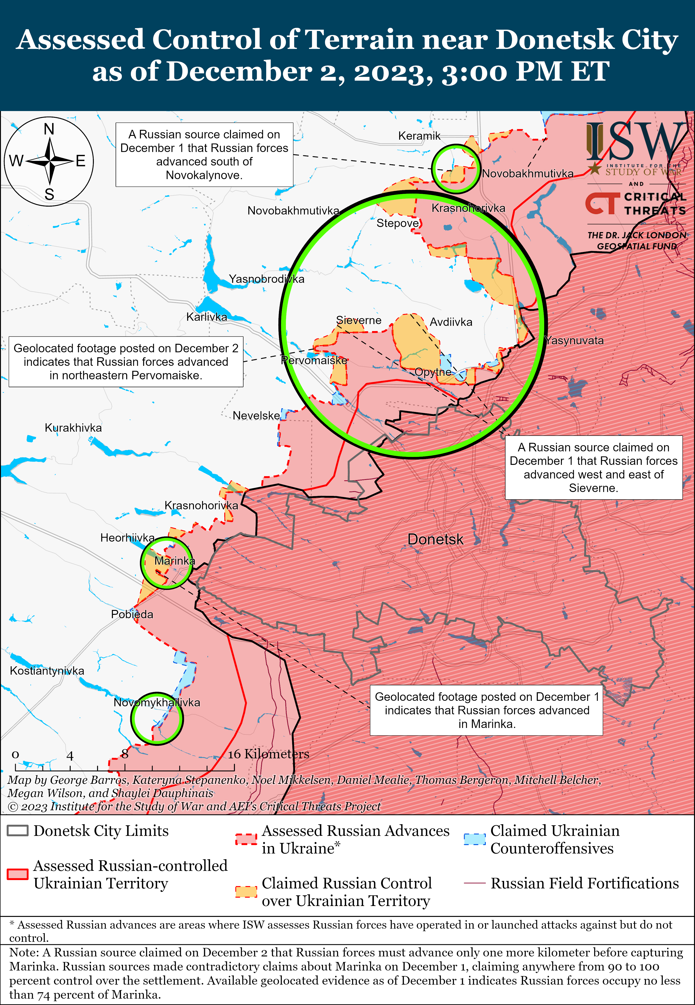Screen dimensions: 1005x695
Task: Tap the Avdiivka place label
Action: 451,322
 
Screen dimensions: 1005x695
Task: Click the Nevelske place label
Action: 256,415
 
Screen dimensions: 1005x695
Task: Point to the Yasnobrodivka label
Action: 266,279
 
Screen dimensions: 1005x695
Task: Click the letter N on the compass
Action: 49,129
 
